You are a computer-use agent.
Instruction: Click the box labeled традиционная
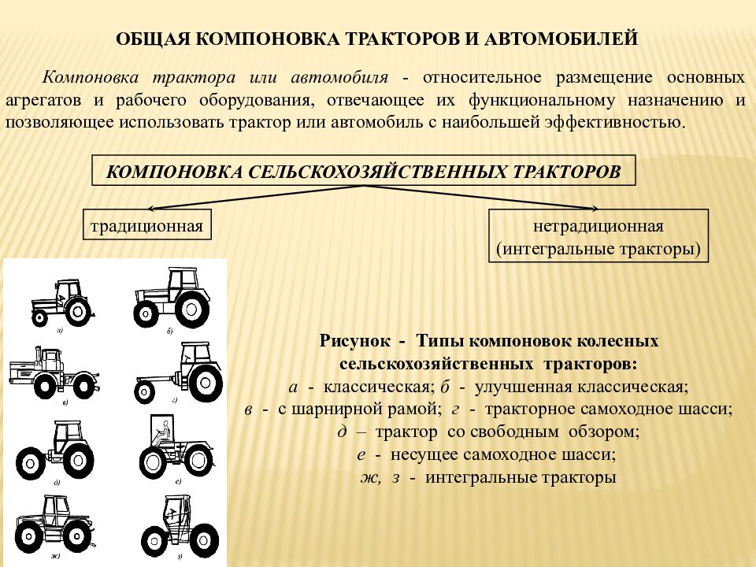[x=147, y=224]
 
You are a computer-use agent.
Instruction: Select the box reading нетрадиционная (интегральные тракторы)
[x=598, y=235]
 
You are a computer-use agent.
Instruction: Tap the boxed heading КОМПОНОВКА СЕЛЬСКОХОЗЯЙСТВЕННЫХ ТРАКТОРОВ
[x=364, y=171]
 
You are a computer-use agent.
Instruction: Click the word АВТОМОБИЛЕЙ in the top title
[x=561, y=39]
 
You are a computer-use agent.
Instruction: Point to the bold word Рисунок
[x=355, y=341]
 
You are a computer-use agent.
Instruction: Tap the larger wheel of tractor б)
[x=192, y=309]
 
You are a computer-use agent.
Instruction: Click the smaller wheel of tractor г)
[x=144, y=391]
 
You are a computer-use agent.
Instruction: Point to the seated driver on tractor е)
[x=162, y=433]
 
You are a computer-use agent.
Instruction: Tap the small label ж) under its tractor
[x=55, y=557]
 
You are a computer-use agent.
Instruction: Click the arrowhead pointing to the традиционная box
[x=151, y=208]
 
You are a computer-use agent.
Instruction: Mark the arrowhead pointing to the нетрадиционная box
[x=594, y=208]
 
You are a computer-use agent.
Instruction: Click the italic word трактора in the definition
[x=194, y=77]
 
